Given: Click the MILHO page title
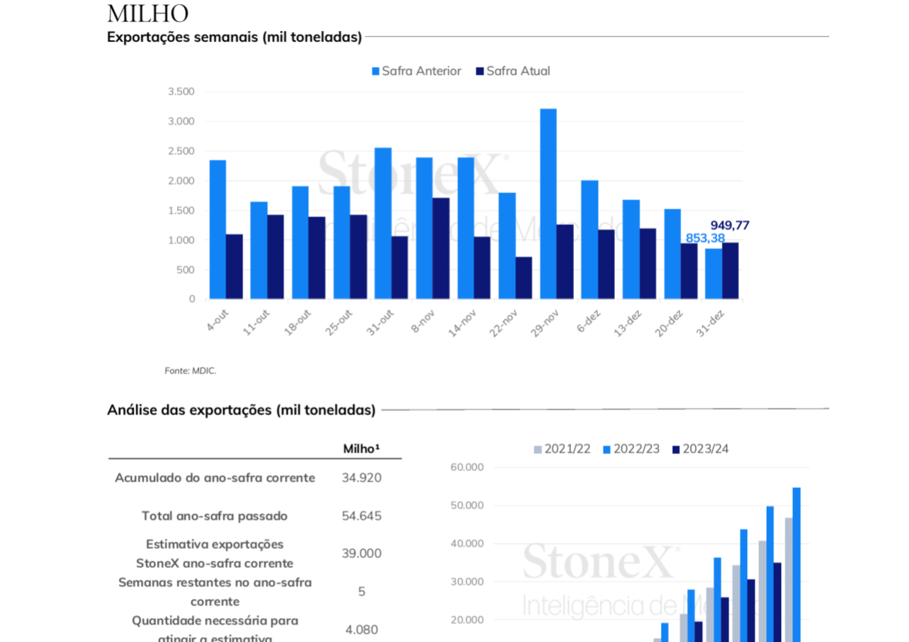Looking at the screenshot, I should (x=148, y=14).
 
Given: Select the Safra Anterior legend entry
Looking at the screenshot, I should (x=416, y=71).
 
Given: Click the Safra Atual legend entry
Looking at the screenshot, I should (x=513, y=71).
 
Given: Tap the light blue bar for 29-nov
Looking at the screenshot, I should (x=548, y=204).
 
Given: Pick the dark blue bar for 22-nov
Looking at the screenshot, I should (x=524, y=278).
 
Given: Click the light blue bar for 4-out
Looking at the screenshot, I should (x=218, y=230).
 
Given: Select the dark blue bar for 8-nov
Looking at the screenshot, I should (x=441, y=249).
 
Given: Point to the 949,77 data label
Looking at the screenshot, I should (x=730, y=226).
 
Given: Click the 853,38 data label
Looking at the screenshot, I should (x=705, y=238).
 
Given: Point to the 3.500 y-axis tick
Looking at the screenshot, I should (x=181, y=91).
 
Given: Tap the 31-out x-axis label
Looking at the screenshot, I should (x=380, y=322).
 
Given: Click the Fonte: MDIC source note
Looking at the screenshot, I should (x=190, y=371).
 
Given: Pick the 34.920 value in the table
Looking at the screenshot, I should (x=361, y=478).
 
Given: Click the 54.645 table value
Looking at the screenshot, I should (x=361, y=516).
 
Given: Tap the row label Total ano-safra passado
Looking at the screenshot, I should (x=215, y=516).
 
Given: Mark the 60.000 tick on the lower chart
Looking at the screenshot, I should (x=467, y=467).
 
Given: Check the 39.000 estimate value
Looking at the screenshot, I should (x=361, y=553).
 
